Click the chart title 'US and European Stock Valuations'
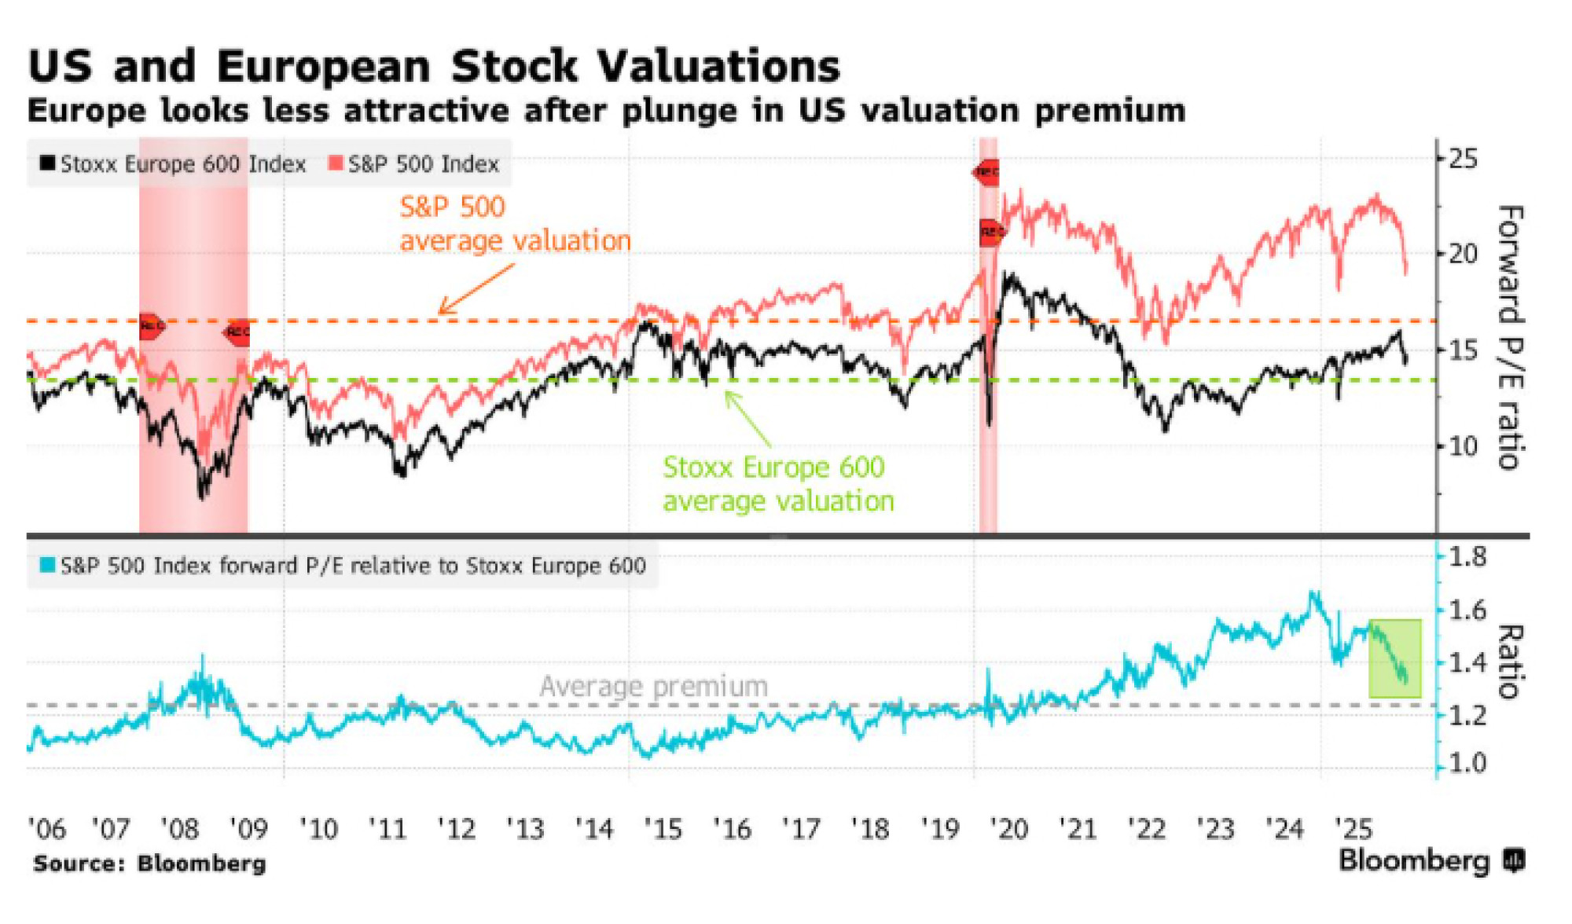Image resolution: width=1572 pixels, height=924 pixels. pos(433,66)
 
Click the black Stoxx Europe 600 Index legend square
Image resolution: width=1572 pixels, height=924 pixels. pos(48,163)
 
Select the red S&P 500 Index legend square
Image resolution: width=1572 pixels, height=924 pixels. pos(336,163)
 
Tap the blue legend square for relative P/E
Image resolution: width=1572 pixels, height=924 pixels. pos(48,565)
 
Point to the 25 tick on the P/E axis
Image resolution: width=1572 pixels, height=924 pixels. pos(1463,159)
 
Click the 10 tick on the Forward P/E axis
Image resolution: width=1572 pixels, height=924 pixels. pos(1463,446)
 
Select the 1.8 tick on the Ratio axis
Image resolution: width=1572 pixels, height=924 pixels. pos(1467,557)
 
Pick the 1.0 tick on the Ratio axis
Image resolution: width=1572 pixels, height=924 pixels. pos(1467,763)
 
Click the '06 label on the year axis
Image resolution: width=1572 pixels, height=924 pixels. pos(46,829)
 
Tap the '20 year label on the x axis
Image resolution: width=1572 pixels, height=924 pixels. pos(1009,829)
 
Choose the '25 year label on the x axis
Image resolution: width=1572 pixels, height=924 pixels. pos(1353,829)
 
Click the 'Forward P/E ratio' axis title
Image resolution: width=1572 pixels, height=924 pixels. pos(1510,338)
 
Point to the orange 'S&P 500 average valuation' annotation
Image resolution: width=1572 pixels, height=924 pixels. pos(515,224)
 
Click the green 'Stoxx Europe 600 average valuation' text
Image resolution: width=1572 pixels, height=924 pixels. pos(778,484)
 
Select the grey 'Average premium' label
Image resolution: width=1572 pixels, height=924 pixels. pos(653,686)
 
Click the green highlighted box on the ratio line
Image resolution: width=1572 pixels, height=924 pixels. pos(1395,658)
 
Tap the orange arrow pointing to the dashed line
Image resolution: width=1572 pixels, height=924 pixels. pos(476,288)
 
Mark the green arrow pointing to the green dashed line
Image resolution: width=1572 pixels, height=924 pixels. pos(747,418)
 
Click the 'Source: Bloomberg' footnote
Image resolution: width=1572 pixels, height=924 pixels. pos(150,863)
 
